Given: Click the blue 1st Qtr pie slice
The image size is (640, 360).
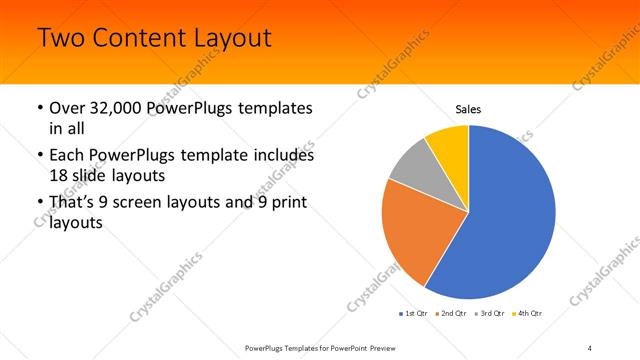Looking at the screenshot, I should coord(510,215).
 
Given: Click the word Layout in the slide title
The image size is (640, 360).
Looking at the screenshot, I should coord(225,39).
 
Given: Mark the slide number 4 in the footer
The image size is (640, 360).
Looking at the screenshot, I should coord(590,347).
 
